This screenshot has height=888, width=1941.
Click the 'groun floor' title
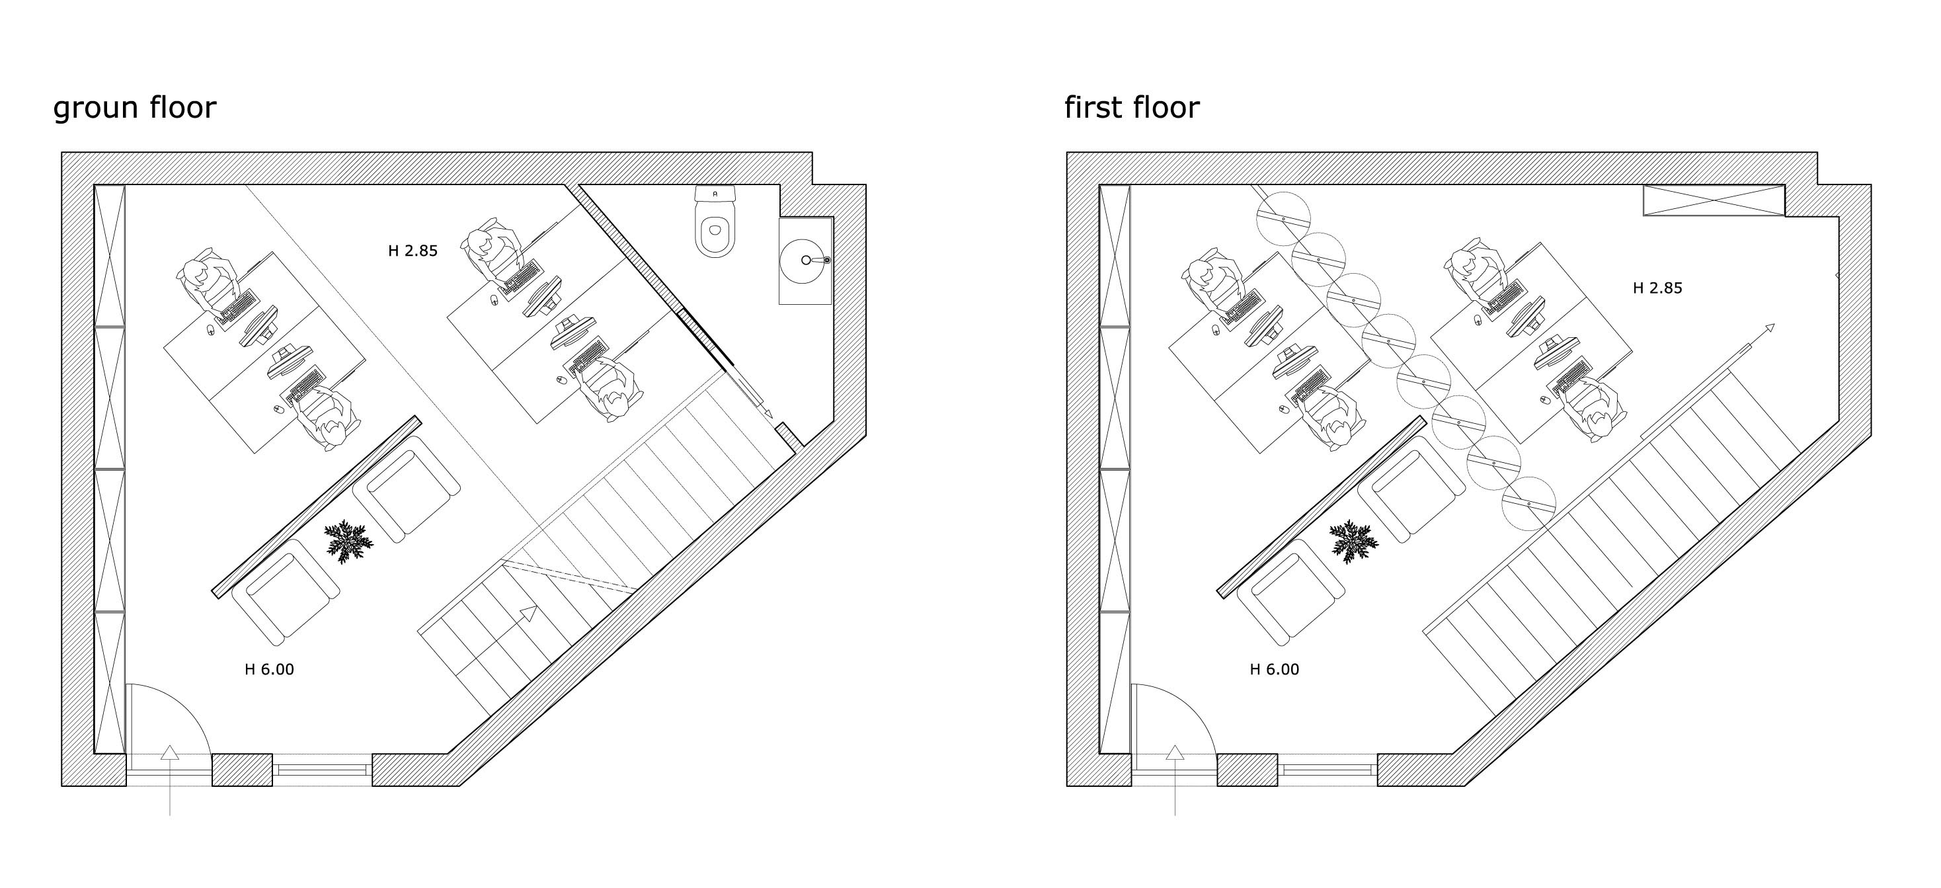point(134,108)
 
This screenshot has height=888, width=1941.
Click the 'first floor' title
point(1131,108)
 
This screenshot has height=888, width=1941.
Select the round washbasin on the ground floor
point(805,260)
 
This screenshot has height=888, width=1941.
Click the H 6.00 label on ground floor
point(269,669)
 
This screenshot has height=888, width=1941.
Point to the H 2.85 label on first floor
point(1657,288)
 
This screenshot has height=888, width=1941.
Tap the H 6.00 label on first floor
point(1274,669)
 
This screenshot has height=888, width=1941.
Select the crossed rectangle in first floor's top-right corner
point(1713,200)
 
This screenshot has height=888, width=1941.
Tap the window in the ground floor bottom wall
point(322,770)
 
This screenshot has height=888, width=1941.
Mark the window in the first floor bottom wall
point(1327,770)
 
